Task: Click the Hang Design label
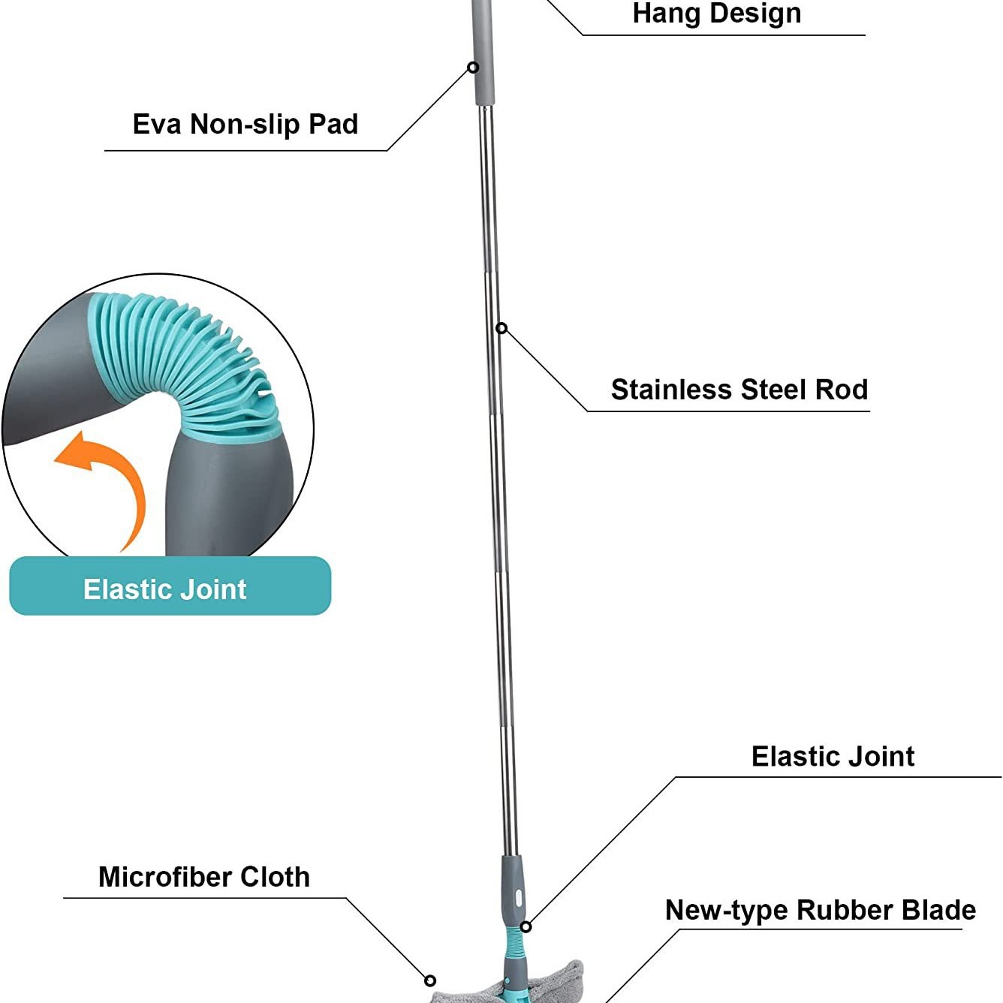point(716,14)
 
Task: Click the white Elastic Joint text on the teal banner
point(164,589)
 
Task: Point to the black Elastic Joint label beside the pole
point(833,756)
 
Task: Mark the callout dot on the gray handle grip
point(473,68)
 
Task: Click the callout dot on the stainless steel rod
point(501,328)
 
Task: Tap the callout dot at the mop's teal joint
point(526,927)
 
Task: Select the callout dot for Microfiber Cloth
point(430,980)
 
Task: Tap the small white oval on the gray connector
point(518,896)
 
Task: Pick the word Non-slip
point(245,124)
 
